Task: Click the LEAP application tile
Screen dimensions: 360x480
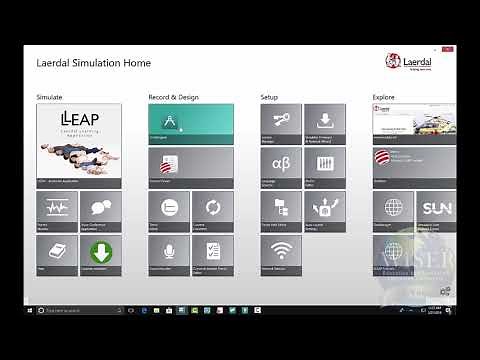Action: click(x=78, y=146)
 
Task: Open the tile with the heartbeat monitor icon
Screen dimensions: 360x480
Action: click(x=56, y=209)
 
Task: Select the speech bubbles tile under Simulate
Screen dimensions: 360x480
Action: click(x=100, y=209)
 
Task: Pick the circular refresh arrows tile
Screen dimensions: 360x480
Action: click(x=212, y=209)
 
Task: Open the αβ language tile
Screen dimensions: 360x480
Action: click(x=280, y=166)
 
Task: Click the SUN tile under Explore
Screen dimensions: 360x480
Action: click(x=436, y=209)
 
